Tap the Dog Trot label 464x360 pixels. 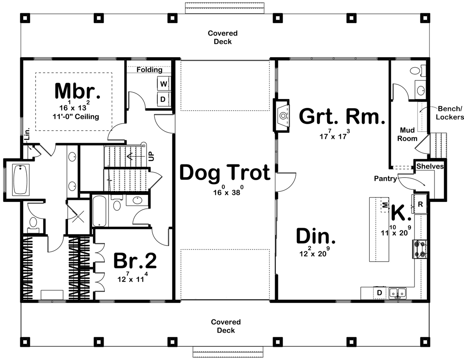225,172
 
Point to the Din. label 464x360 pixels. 316,236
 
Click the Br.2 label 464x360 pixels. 135,261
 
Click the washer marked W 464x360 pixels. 163,84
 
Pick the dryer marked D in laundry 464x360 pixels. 163,99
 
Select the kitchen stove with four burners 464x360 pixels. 420,249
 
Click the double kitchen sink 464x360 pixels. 397,293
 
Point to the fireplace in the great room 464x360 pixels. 282,115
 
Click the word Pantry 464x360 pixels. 385,179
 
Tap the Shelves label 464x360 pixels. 430,167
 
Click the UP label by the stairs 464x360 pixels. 152,156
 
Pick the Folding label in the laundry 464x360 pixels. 149,70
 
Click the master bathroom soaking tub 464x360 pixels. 21,179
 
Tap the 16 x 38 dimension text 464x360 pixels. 225,192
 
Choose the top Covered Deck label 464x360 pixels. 223,37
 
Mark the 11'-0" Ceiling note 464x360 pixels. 77,116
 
